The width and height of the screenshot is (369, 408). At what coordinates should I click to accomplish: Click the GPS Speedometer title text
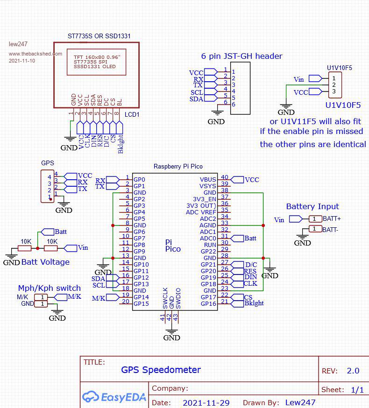[x=161, y=370]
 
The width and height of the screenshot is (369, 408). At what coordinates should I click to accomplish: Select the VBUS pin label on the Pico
[x=208, y=180]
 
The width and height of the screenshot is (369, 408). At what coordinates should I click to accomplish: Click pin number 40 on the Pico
[x=225, y=177]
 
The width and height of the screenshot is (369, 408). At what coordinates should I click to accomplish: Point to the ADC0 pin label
[x=208, y=239]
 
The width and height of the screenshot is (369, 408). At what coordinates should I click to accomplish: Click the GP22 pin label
[x=208, y=252]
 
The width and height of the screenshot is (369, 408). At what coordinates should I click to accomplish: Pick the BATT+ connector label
[x=332, y=218]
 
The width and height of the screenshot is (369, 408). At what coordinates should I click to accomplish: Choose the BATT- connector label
[x=331, y=229]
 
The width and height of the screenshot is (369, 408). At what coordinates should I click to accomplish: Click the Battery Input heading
[x=312, y=206]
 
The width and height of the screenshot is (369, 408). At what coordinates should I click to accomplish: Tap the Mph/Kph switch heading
[x=49, y=288]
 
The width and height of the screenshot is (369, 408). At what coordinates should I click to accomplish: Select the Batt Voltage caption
[x=45, y=262]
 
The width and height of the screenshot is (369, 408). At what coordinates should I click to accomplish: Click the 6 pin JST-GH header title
[x=241, y=56]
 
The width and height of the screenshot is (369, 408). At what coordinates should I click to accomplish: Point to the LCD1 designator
[x=132, y=114]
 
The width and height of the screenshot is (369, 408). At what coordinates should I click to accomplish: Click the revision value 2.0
[x=353, y=371]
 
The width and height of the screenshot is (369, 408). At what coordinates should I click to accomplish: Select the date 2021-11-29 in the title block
[x=206, y=402]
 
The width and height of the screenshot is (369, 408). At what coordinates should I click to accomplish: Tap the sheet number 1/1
[x=357, y=389]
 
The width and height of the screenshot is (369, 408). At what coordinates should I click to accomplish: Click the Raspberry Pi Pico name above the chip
[x=178, y=167]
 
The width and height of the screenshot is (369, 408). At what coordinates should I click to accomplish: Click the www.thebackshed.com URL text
[x=35, y=54]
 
